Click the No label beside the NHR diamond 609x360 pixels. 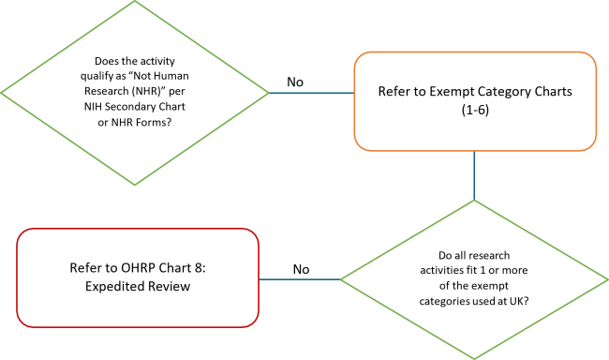click(295, 82)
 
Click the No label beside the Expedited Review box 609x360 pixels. click(301, 270)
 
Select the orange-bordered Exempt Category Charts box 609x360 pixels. click(475, 102)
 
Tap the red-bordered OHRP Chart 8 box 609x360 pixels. click(137, 277)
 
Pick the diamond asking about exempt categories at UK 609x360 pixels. click(474, 279)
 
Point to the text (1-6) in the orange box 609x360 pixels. click(475, 112)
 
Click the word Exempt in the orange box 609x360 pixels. click(452, 93)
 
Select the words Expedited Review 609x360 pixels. click(137, 287)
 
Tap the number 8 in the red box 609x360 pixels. click(189, 268)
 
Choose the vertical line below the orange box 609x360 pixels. click(475, 177)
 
